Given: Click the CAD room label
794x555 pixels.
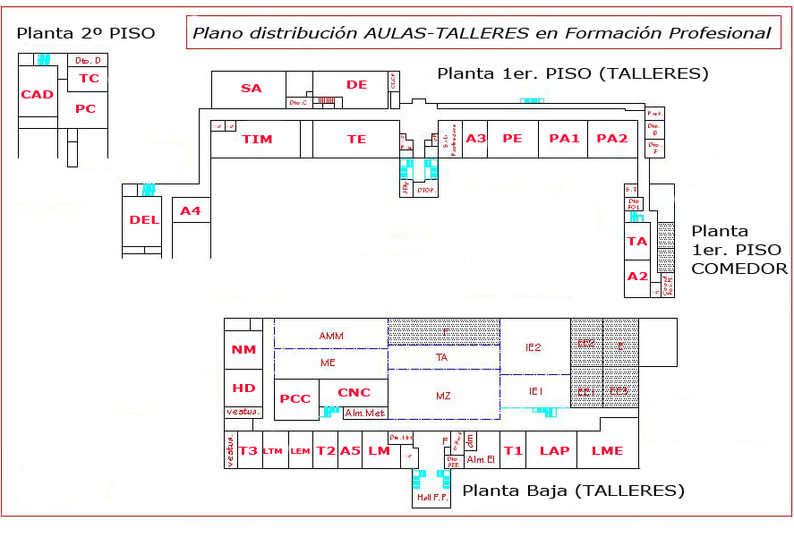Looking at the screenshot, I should click(38, 95).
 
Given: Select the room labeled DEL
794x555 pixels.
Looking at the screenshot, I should click(143, 220).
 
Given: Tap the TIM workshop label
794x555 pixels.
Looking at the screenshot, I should click(257, 140).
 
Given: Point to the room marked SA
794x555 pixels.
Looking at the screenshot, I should click(252, 88).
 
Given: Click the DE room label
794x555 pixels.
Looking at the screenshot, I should click(357, 85).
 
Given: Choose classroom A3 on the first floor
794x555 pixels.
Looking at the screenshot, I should click(476, 139).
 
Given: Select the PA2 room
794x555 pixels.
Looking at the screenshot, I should click(612, 139).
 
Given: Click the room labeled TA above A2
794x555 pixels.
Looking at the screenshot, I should click(636, 242).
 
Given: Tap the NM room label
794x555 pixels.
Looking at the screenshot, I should click(243, 350).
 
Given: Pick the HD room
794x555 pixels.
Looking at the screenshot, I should click(243, 388).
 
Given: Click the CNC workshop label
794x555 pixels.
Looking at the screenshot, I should click(354, 393).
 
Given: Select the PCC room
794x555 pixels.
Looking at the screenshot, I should click(295, 399).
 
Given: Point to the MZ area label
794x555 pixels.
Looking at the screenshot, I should click(443, 395).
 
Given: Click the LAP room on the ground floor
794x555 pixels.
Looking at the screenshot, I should click(554, 451).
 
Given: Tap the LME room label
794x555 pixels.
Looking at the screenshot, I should click(607, 451).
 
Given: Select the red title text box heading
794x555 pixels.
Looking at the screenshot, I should click(482, 33).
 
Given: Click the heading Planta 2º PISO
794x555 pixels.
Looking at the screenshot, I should click(86, 33).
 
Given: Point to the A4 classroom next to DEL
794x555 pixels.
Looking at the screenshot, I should click(191, 211).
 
